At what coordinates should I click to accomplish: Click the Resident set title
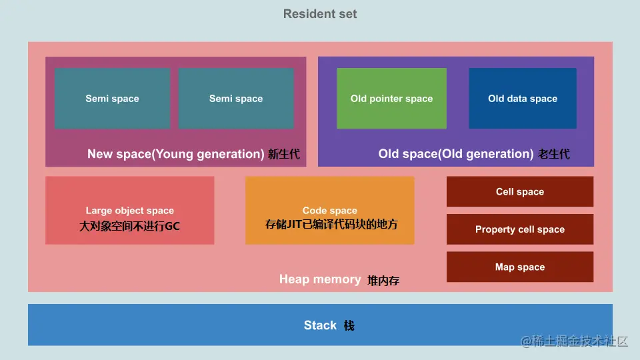click(x=320, y=14)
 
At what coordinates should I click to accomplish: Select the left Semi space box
click(x=112, y=98)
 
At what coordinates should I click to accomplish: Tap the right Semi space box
click(x=236, y=98)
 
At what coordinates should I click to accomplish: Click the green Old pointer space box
click(x=391, y=98)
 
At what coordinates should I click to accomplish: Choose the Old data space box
click(x=523, y=98)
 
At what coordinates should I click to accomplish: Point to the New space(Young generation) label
click(x=176, y=154)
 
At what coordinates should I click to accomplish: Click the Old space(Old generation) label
click(x=456, y=154)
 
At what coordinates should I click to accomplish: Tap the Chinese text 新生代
click(x=284, y=155)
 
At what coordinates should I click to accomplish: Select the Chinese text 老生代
click(x=554, y=155)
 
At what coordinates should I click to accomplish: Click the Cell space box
click(x=520, y=192)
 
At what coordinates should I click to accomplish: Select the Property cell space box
click(x=520, y=229)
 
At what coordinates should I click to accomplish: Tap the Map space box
click(x=520, y=267)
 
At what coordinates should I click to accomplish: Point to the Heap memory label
click(x=320, y=279)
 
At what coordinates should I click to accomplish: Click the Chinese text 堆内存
click(x=383, y=281)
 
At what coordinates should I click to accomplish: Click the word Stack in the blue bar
click(x=320, y=325)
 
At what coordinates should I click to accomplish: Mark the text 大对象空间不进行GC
click(x=130, y=226)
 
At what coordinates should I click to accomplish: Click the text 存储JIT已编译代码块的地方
click(x=331, y=224)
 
